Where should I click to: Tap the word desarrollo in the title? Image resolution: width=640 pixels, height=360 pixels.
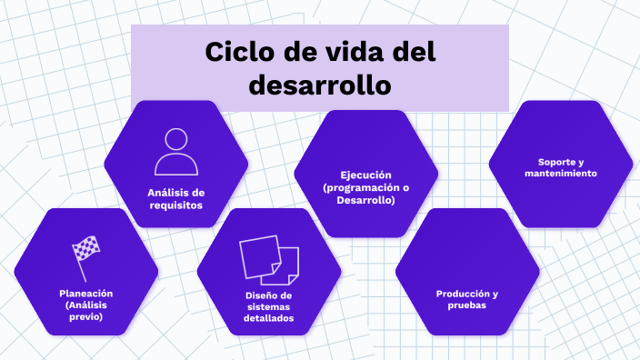pos(319,85)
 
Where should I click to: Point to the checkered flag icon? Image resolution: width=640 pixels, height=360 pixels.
pos(85,255)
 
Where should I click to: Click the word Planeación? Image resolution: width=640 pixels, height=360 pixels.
pos(85,294)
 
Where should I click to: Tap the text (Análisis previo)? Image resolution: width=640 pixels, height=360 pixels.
pos(85,311)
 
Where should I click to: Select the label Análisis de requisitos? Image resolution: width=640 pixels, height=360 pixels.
pos(175,198)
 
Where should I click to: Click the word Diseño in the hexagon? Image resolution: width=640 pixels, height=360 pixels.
pos(261,295)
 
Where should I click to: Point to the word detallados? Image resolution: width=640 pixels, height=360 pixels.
pos(268,319)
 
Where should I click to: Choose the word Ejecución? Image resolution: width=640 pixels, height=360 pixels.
pos(365,175)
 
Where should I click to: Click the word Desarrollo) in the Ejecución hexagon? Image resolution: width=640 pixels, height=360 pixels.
pos(365,199)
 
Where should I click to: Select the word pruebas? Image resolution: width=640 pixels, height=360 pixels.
pos(466,305)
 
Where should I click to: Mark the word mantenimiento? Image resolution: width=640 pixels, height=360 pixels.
pos(561,173)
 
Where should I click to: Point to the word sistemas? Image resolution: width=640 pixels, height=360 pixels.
pos(268,307)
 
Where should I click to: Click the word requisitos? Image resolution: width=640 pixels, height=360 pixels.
pos(175,205)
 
